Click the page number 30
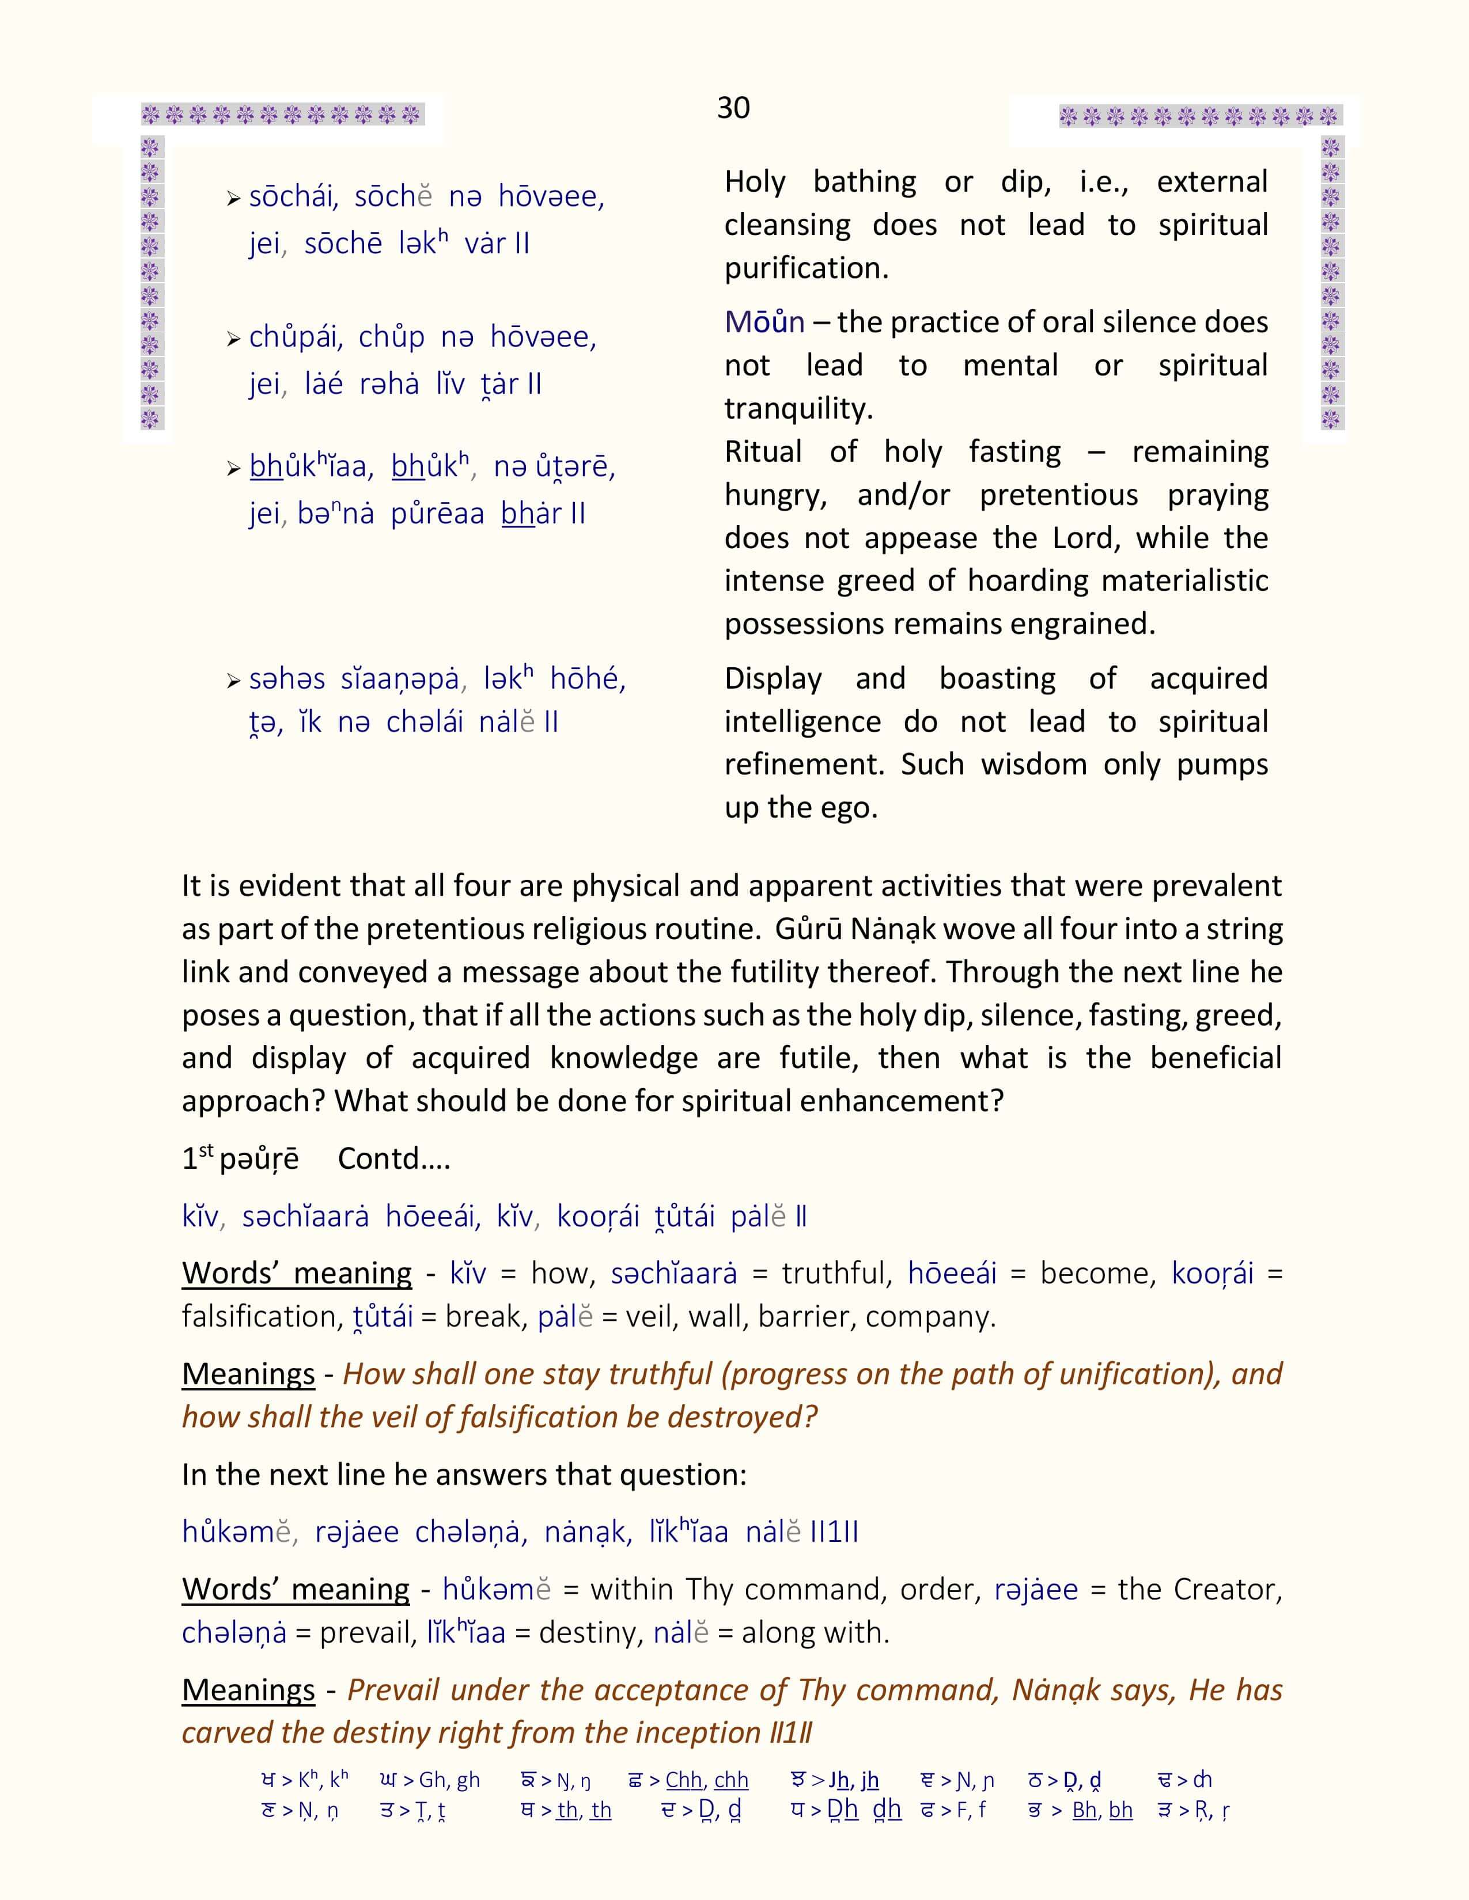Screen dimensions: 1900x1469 pos(733,108)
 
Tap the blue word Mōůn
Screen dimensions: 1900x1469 pos(764,323)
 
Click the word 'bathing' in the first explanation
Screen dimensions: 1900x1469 pos(864,182)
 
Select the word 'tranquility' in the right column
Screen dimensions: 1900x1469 pos(798,408)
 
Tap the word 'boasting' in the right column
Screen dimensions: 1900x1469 pos(997,679)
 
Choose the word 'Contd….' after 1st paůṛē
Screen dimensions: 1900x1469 pos(393,1159)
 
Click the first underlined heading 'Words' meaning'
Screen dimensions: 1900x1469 pos(297,1274)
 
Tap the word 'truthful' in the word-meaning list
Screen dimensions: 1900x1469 pos(837,1274)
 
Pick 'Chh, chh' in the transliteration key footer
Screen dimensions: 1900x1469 pos(707,1781)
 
